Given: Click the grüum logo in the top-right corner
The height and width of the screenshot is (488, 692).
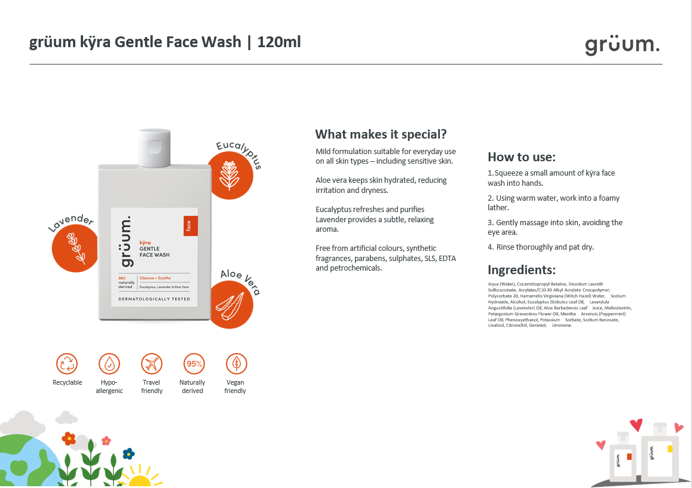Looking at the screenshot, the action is point(622,45).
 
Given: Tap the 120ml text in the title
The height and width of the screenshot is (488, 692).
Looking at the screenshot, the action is point(279,42).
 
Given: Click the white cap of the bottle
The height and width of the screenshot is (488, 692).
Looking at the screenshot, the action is point(154,148).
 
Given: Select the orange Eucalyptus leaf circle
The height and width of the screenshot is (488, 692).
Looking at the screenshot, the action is point(230,176).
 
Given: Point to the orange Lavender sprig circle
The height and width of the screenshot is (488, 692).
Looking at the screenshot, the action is point(75,248).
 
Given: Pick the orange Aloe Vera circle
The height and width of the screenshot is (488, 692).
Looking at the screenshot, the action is point(230,305).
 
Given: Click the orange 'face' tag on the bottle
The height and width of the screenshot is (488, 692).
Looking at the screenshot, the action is point(190,226).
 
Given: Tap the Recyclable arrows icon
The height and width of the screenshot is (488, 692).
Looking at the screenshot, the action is point(67,364).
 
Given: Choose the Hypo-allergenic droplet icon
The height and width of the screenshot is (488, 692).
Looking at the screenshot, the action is point(109,364).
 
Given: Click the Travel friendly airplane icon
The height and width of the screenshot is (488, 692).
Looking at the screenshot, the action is point(152,364).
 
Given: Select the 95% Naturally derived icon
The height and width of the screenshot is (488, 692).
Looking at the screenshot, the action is point(194,364).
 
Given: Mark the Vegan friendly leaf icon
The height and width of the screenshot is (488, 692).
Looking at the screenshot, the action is point(237,364).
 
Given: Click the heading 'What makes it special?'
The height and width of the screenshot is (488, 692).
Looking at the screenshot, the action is point(381,134).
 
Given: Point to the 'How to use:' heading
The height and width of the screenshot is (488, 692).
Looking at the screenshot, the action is point(522,157).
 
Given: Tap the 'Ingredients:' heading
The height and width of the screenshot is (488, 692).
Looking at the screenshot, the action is point(522,269).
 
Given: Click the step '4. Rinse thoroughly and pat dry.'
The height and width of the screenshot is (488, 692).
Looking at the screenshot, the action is point(541,247).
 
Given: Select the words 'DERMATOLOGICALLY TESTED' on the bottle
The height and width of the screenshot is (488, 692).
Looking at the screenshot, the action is point(154,299).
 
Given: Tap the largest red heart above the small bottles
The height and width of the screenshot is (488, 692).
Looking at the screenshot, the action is point(636,425).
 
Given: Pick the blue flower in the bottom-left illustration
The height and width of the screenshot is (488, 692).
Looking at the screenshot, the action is point(128,453).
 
